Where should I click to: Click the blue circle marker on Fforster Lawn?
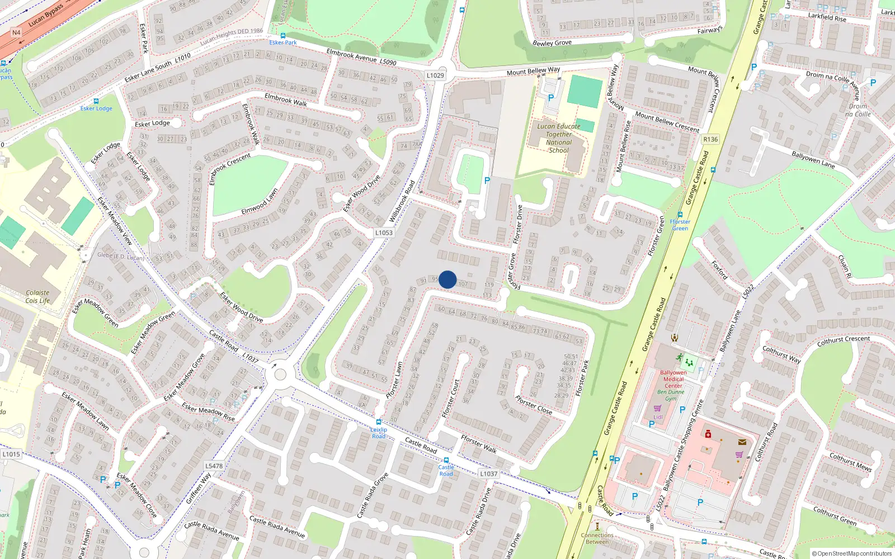click(x=447, y=279)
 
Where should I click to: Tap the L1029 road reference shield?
click(x=435, y=75)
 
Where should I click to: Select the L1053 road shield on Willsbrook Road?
click(x=384, y=233)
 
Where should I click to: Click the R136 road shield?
click(x=710, y=139)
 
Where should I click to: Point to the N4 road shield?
click(x=16, y=32)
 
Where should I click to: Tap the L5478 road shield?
click(x=214, y=466)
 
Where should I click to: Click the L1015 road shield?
click(x=11, y=454)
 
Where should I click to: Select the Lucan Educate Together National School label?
click(x=558, y=138)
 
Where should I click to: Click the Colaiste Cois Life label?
click(x=37, y=296)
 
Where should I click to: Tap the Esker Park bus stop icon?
click(x=282, y=35)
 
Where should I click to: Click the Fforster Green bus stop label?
click(x=680, y=225)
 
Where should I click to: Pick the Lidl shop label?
click(x=658, y=417)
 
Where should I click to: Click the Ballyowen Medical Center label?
click(x=673, y=379)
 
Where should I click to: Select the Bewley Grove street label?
click(x=552, y=42)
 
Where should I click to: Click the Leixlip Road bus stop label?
click(x=379, y=433)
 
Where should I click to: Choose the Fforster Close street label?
click(x=534, y=405)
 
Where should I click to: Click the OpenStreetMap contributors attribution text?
click(x=852, y=553)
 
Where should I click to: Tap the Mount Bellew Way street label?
click(x=533, y=71)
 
